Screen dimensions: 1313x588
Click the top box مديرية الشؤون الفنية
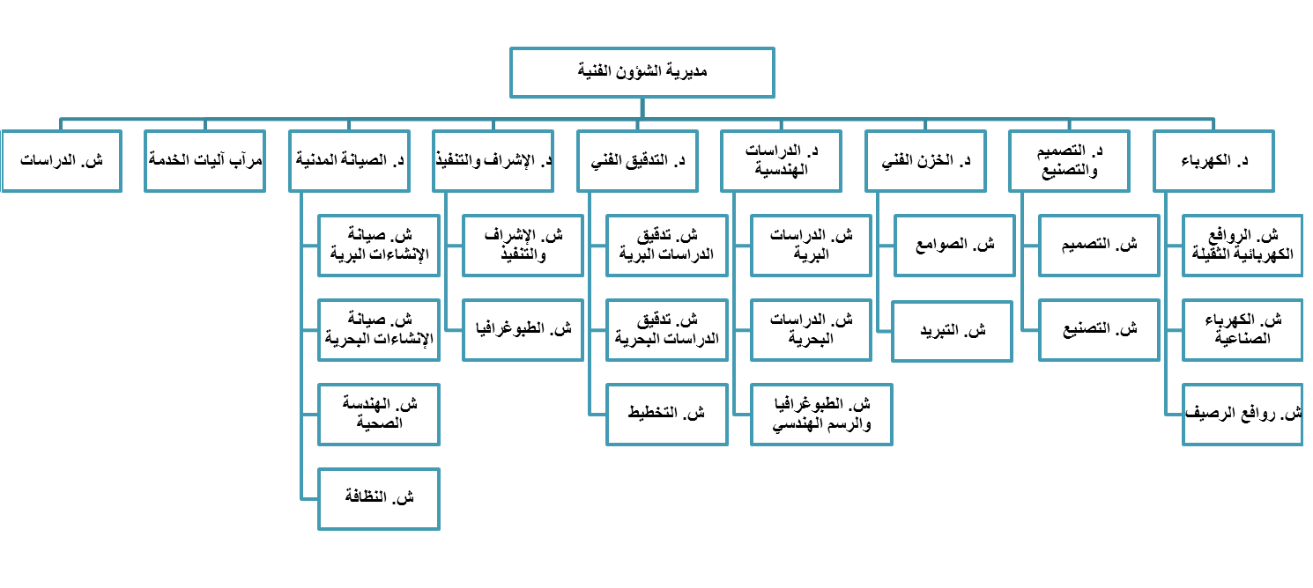click(642, 73)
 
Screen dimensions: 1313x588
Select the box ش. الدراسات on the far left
click(61, 161)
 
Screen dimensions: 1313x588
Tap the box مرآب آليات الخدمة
click(205, 161)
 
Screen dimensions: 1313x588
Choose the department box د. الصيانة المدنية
click(349, 161)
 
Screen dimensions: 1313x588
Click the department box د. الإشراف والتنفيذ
click(493, 161)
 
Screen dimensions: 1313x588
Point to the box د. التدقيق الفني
click(638, 161)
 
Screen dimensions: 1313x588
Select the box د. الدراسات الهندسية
click(782, 161)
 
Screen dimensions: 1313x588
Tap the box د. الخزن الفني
click(925, 161)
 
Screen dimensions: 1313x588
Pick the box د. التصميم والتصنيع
click(1069, 161)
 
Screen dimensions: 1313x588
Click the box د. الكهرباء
click(1214, 161)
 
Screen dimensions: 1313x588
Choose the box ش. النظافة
click(379, 499)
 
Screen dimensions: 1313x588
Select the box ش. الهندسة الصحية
click(379, 415)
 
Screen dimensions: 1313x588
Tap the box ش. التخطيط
click(667, 415)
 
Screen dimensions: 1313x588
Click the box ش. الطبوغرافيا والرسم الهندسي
click(822, 415)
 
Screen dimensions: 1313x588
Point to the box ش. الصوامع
click(955, 246)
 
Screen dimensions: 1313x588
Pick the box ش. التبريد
click(952, 332)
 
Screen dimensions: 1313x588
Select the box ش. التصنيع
click(1099, 330)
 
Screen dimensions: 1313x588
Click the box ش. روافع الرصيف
click(1243, 415)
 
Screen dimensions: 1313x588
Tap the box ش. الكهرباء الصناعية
click(1243, 330)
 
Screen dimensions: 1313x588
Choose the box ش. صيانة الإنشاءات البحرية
click(379, 330)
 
